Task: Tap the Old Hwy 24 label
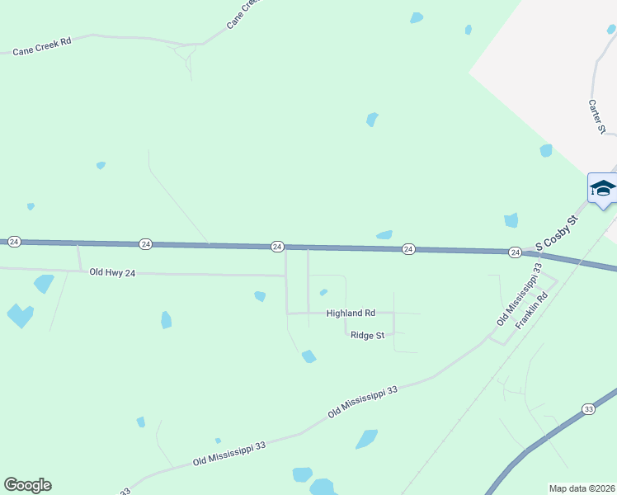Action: coord(112,272)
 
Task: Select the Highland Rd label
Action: coord(351,313)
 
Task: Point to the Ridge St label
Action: coord(368,335)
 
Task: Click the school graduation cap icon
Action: coord(603,189)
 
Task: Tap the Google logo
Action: coord(27,485)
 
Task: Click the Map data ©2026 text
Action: coord(582,488)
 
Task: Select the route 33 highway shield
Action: coord(588,409)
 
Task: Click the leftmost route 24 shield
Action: coord(14,242)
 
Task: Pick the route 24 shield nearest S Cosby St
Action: coord(514,252)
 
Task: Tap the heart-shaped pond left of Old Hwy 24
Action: coord(20,315)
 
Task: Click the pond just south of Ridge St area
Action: coord(309,356)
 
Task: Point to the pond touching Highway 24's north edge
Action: coord(384,235)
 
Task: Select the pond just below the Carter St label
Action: coord(546,150)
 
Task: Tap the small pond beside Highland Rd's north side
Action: coord(323,292)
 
